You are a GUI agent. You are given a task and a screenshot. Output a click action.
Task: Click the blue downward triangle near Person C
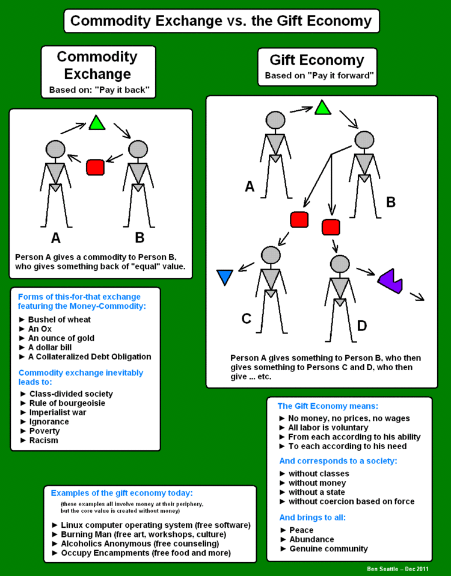click(x=225, y=276)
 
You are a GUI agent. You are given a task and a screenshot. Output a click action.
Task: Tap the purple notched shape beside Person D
click(x=390, y=280)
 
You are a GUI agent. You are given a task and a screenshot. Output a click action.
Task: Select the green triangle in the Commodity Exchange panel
click(x=97, y=123)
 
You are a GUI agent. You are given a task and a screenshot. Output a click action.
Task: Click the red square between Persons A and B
click(x=96, y=167)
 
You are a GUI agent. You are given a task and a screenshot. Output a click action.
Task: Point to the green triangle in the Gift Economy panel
click(x=323, y=108)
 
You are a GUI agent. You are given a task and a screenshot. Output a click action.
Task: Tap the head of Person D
click(x=340, y=264)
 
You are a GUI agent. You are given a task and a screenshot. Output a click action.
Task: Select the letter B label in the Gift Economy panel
click(x=391, y=202)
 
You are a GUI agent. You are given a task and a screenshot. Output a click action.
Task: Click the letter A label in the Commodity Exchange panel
click(x=56, y=238)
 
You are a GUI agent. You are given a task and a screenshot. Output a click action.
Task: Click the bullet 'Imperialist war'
click(x=58, y=412)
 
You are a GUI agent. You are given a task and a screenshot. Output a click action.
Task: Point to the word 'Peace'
click(x=301, y=530)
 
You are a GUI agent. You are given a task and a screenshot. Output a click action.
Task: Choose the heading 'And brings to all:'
click(x=312, y=517)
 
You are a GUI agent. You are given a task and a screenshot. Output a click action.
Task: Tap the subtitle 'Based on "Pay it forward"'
click(x=320, y=76)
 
